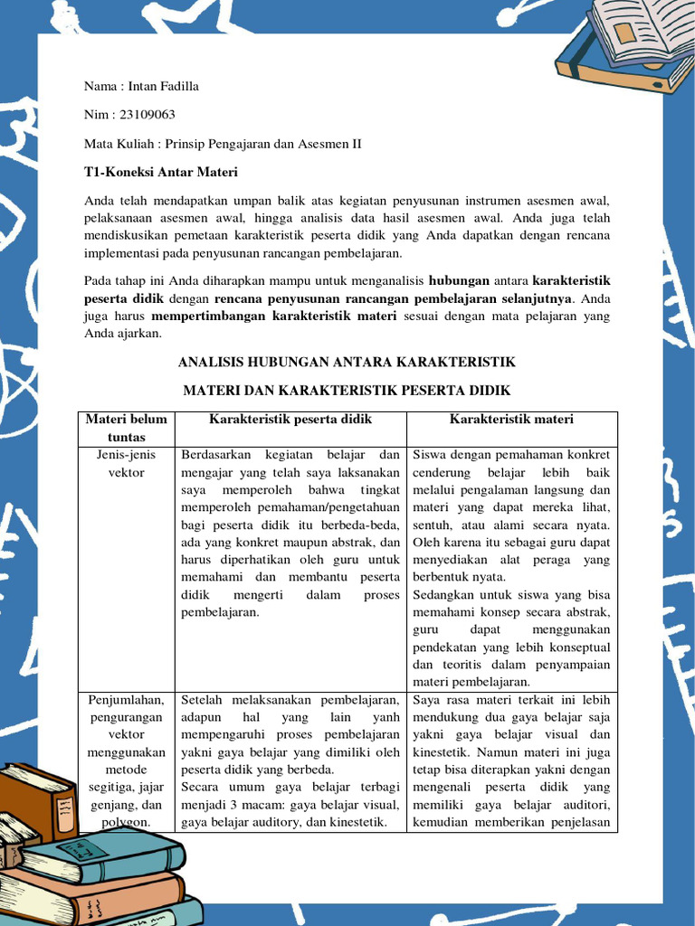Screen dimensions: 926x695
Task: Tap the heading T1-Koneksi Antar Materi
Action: [x=160, y=172]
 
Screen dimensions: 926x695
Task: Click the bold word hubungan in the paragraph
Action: [x=459, y=279]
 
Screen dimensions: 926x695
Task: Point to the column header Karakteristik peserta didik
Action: [x=290, y=420]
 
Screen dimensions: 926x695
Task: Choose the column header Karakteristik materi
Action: [x=511, y=420]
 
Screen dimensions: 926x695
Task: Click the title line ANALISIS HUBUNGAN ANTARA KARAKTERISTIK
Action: [x=347, y=362]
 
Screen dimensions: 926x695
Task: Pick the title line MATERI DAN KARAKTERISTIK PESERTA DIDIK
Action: [x=347, y=391]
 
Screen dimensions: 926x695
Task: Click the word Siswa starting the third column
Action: [x=429, y=455]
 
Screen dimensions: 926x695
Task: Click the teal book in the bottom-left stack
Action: [x=100, y=855]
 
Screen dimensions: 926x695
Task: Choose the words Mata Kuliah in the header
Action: [x=122, y=143]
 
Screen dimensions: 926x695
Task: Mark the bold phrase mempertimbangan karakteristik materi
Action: [x=274, y=316]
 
